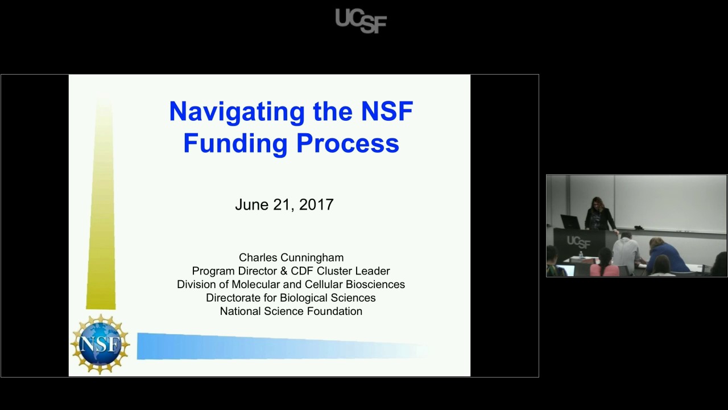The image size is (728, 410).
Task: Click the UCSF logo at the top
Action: point(361,20)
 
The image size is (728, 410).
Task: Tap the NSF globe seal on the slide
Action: point(100,345)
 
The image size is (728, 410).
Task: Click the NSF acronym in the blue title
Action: point(387,111)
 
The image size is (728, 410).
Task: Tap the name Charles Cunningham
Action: point(291,257)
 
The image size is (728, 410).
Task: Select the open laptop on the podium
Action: point(569,222)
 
